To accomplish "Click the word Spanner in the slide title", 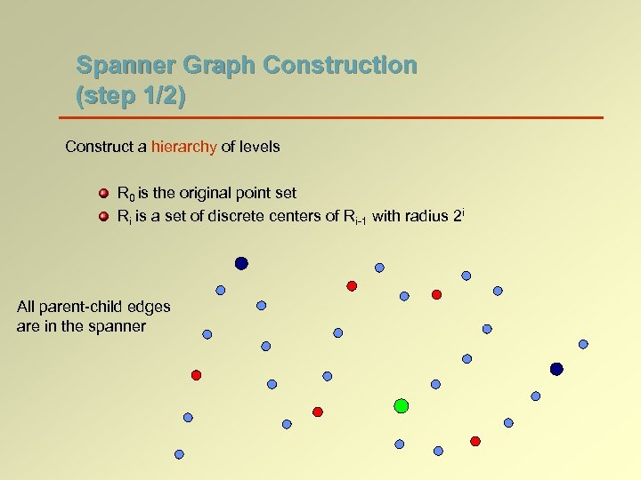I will (x=121, y=66).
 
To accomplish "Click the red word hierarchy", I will (x=183, y=147).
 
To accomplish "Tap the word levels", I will (x=258, y=147).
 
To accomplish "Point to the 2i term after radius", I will (x=458, y=214).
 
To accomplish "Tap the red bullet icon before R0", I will (x=103, y=193).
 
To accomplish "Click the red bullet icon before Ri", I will (x=103, y=215).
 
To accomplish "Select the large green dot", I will (x=401, y=405).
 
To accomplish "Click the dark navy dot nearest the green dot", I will (x=556, y=369).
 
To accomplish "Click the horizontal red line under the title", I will (x=330, y=117).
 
